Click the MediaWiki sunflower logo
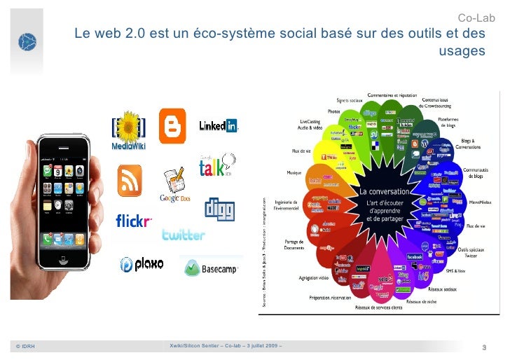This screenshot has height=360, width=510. pyautogui.click(x=128, y=130)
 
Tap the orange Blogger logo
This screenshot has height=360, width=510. pyautogui.click(x=172, y=125)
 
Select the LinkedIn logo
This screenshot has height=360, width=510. pyautogui.click(x=218, y=125)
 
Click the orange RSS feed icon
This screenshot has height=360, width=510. pyautogui.click(x=130, y=181)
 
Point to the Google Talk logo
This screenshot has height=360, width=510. pyautogui.click(x=215, y=168)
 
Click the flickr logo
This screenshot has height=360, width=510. pyautogui.click(x=134, y=221)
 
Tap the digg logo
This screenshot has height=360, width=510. pyautogui.click(x=219, y=208)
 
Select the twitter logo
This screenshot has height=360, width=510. pyautogui.click(x=183, y=235)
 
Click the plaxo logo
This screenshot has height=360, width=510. pyautogui.click(x=142, y=263)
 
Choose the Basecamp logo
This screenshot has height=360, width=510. pyautogui.click(x=212, y=267)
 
